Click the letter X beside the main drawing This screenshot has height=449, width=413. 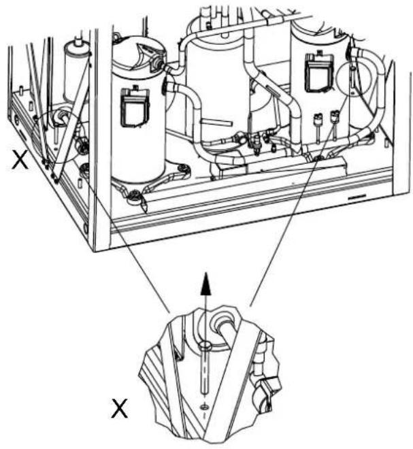coord(20,159)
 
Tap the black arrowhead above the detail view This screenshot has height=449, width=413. coord(206,284)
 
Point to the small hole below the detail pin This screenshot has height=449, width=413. coord(205,407)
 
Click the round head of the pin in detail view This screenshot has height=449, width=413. coord(205,346)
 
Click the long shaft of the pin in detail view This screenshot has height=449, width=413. coord(205,371)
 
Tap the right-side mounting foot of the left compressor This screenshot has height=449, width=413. coord(181,169)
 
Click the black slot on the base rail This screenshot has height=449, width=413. coord(357,197)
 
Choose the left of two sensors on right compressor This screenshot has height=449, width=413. coord(318,127)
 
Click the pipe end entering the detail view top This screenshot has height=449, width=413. coord(227,329)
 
